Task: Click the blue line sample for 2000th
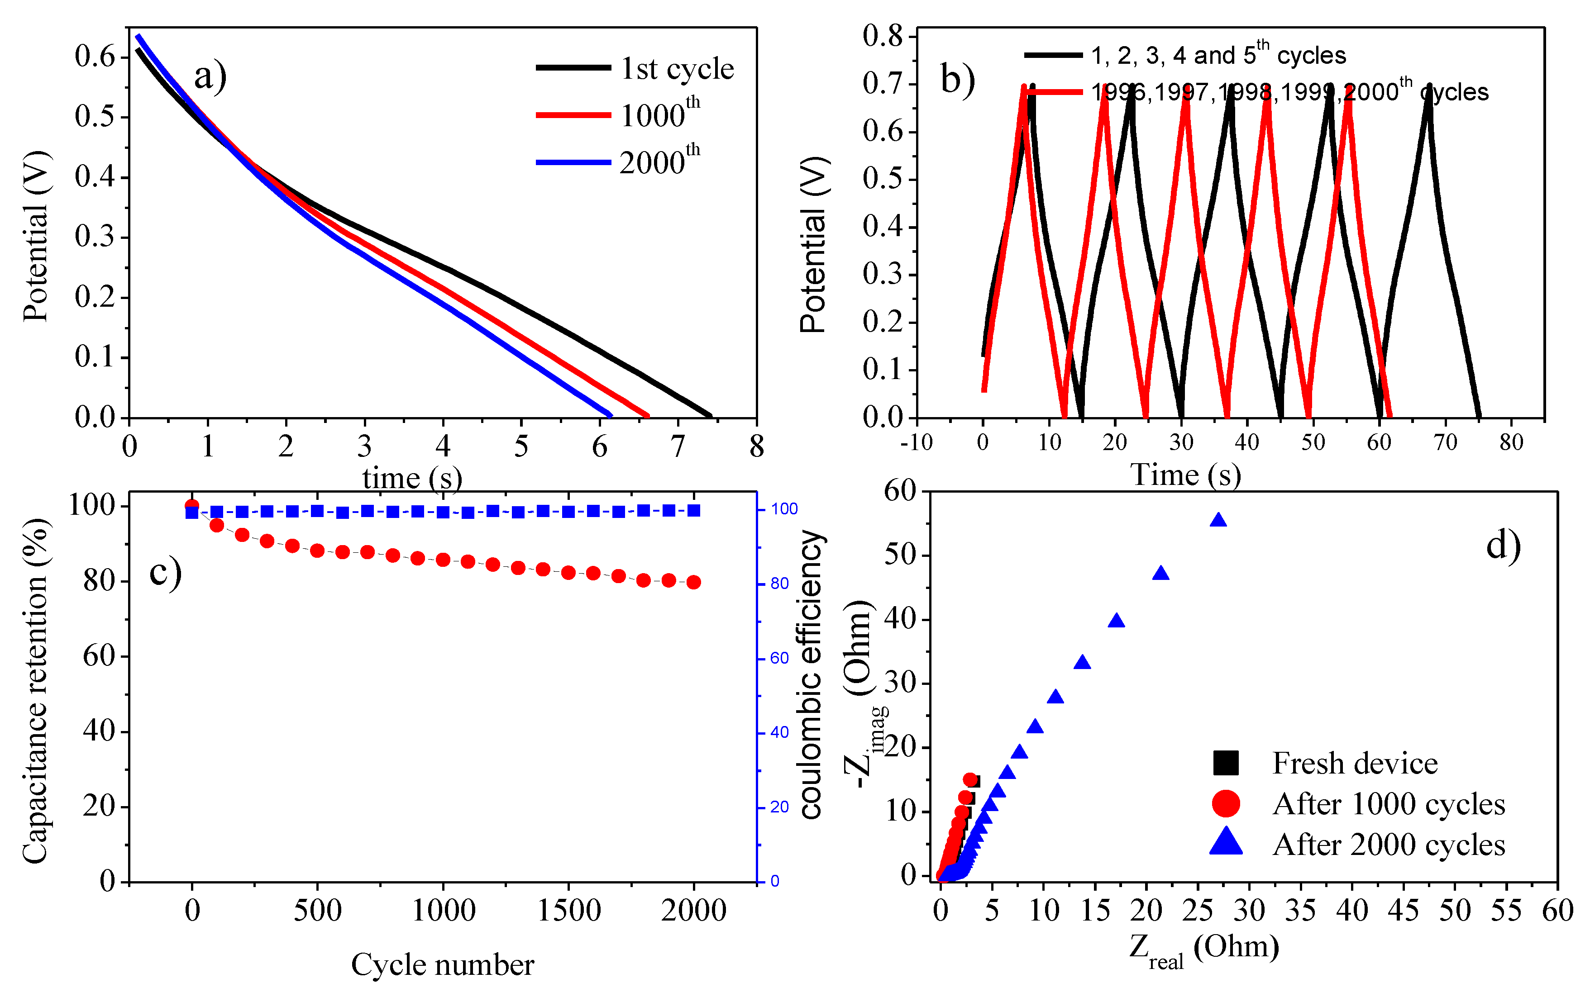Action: tap(573, 162)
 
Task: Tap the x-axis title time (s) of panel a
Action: tap(412, 477)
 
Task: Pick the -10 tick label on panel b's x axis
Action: tap(917, 442)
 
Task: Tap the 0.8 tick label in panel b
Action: tap(883, 36)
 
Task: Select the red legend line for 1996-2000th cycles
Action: tap(1054, 92)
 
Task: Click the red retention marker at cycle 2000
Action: tap(693, 582)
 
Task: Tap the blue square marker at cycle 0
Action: tap(192, 513)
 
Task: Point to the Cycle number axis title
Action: tap(442, 965)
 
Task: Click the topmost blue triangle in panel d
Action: tap(1218, 520)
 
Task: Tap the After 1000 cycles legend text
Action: tap(1388, 804)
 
